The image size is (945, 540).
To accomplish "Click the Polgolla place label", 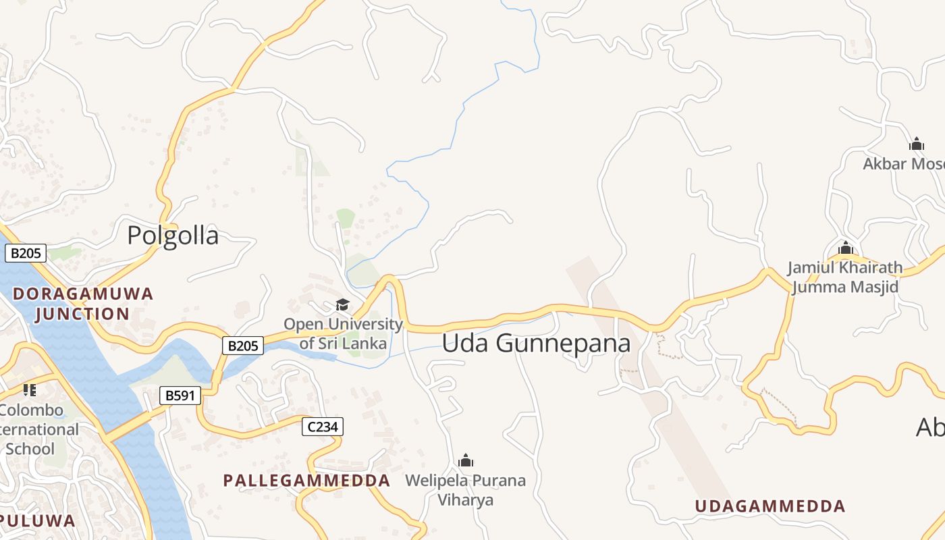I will pyautogui.click(x=173, y=236).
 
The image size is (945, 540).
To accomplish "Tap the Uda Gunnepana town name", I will pyautogui.click(x=536, y=343).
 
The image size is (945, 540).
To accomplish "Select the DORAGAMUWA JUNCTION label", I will pyautogui.click(x=83, y=304).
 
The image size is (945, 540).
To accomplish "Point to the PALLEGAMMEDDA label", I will pyautogui.click(x=306, y=481).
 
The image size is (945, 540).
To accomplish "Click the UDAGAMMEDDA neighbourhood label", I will pyautogui.click(x=769, y=506).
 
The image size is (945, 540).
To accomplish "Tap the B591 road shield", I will pyautogui.click(x=180, y=396).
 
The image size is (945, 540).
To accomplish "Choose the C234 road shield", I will pyautogui.click(x=323, y=427).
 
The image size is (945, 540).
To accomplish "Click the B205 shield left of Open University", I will pyautogui.click(x=243, y=346).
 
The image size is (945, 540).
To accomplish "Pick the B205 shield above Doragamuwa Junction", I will pyautogui.click(x=26, y=254).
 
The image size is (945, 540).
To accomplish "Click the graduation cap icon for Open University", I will pyautogui.click(x=343, y=305).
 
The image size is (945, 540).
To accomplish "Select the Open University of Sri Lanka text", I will pyautogui.click(x=343, y=333).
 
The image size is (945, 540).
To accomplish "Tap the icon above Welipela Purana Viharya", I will pyautogui.click(x=466, y=461).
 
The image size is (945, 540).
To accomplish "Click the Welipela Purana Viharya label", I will pyautogui.click(x=466, y=490).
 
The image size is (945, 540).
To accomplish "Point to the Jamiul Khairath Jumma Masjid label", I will pyautogui.click(x=845, y=277).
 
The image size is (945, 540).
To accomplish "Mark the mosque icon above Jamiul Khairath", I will pyautogui.click(x=846, y=248).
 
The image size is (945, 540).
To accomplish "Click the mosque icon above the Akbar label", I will pyautogui.click(x=917, y=144).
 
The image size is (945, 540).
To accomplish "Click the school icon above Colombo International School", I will pyautogui.click(x=30, y=390).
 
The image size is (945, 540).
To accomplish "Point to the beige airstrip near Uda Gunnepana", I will pyautogui.click(x=648, y=378).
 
